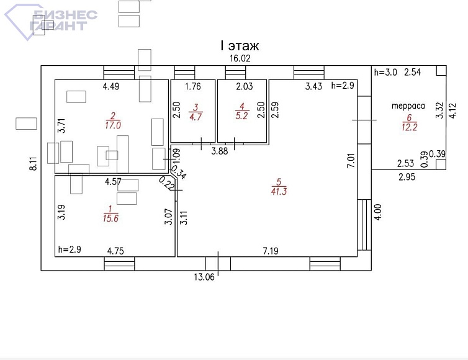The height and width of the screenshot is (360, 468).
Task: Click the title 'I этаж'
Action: coord(240,46)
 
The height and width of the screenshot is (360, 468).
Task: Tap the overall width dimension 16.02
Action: coord(239,59)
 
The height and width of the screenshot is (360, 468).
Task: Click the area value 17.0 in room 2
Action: coord(113,124)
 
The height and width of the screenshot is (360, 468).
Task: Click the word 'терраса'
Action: coord(408,106)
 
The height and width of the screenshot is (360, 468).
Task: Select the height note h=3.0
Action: coord(385,73)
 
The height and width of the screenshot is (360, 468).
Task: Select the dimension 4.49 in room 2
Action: coord(110,86)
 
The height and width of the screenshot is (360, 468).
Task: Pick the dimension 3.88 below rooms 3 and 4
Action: coord(219,150)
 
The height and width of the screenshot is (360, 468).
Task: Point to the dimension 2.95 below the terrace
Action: coord(407,177)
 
